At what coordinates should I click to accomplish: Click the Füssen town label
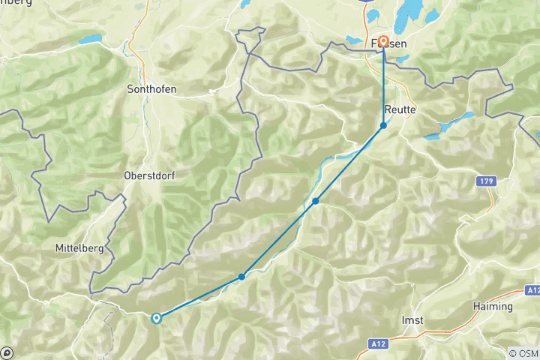tap(390, 44)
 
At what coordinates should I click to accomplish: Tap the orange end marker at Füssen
tap(383, 41)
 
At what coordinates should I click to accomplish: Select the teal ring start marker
tap(156, 318)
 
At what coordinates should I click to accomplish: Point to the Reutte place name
tap(400, 109)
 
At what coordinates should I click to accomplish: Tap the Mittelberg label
tap(79, 247)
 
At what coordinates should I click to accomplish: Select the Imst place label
tap(412, 320)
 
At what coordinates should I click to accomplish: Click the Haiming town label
tap(493, 307)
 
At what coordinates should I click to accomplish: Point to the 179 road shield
tap(487, 181)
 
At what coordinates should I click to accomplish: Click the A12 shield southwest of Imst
tap(379, 343)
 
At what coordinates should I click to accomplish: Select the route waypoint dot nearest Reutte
tap(383, 125)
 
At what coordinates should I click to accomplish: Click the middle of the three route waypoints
tap(316, 201)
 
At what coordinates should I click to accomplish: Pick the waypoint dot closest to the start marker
tap(241, 277)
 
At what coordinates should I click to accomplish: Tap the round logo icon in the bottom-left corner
tap(7, 352)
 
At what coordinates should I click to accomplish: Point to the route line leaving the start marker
tap(199, 298)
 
